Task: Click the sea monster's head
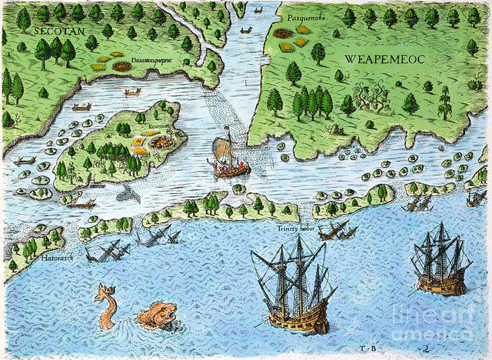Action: click(x=158, y=315)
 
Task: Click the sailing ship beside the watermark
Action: click(x=440, y=262)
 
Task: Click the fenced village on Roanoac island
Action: click(x=160, y=142)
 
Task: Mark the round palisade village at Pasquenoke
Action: click(x=283, y=34)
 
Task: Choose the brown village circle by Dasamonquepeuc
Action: click(x=121, y=67)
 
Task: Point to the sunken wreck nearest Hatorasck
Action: click(x=108, y=250)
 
